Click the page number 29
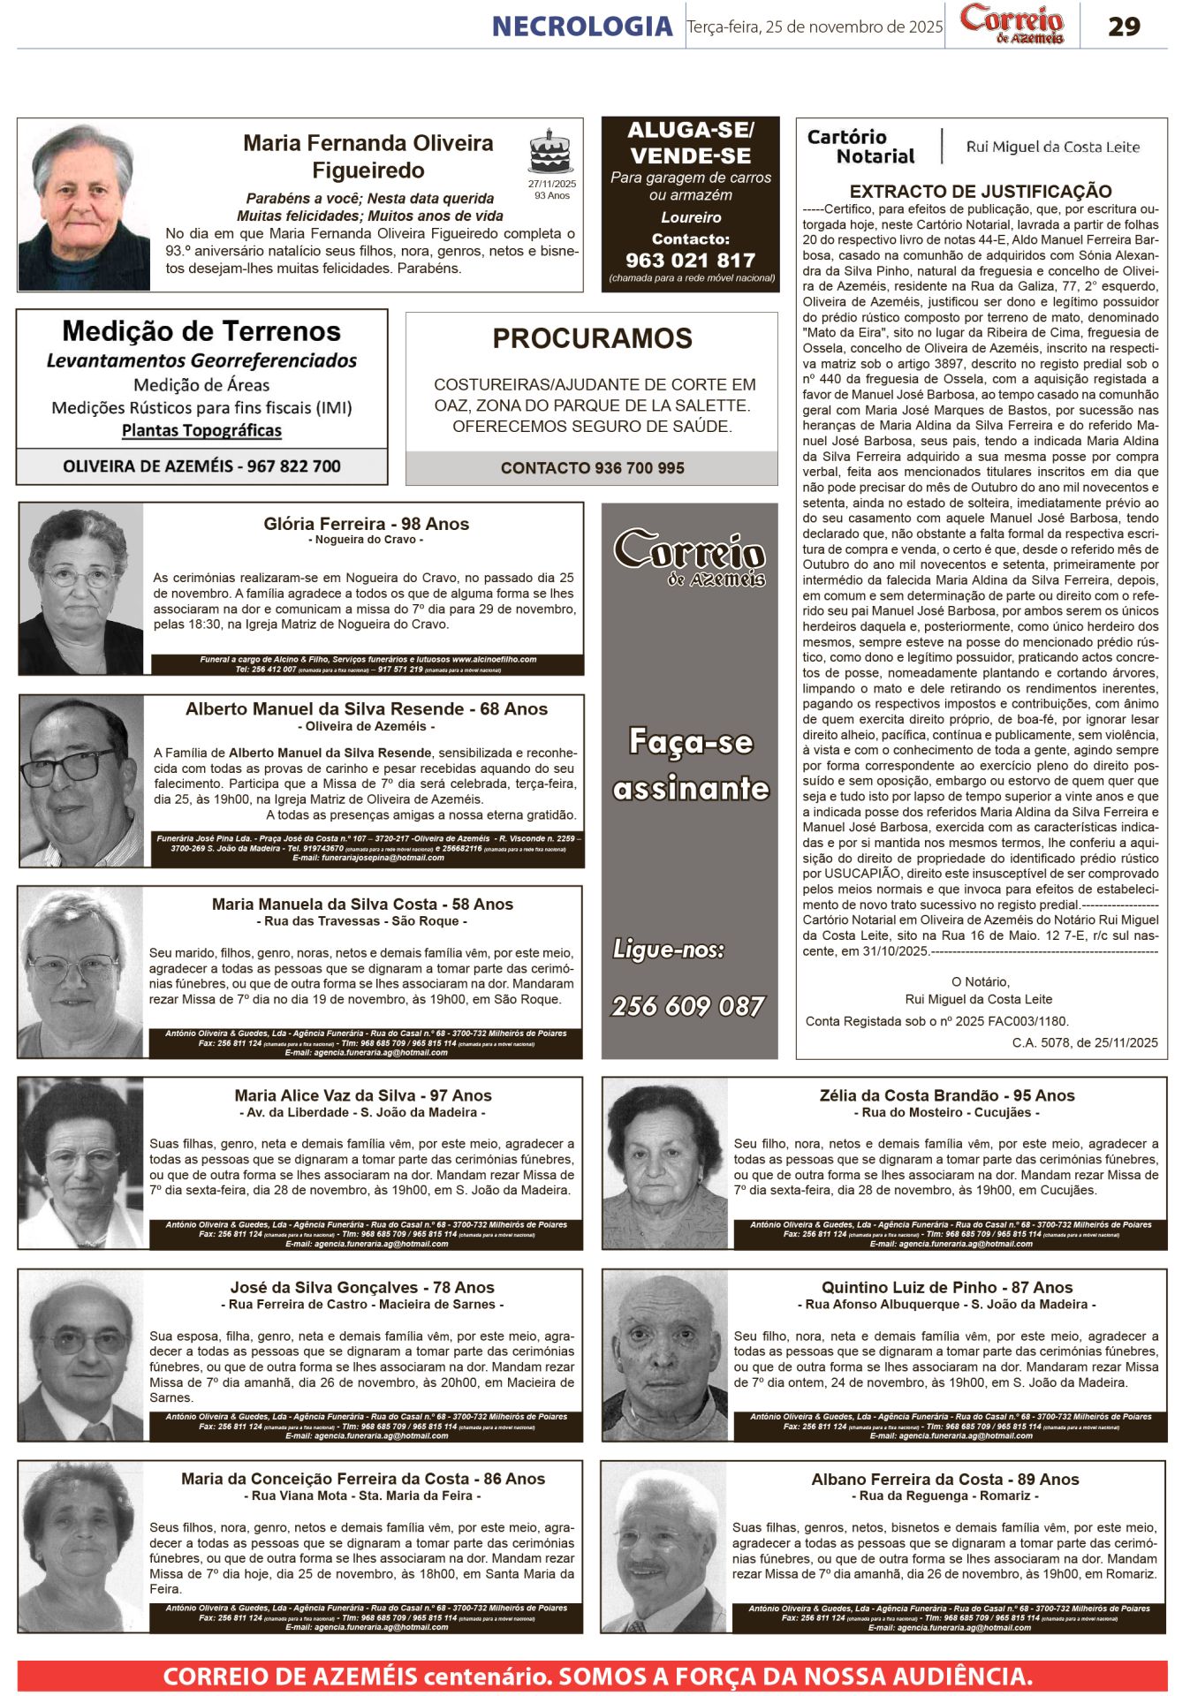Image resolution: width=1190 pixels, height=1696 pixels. coord(1124,26)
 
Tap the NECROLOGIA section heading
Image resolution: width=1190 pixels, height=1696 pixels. coord(582,26)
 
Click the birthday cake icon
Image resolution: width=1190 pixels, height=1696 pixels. coord(550,153)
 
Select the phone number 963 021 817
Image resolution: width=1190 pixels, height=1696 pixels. coord(690,261)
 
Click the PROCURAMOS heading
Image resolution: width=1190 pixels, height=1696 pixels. coord(592,338)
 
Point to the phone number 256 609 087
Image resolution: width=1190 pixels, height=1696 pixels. coord(688,1006)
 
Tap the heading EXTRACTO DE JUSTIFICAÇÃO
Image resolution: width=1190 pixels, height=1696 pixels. coord(981,191)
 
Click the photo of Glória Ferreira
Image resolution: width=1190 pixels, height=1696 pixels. coord(81,588)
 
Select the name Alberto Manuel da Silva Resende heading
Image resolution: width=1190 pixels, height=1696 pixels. coord(366,709)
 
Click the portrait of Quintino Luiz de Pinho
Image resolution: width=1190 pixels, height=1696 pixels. coord(666,1355)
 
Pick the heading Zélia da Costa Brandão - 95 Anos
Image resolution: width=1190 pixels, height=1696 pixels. coord(947,1095)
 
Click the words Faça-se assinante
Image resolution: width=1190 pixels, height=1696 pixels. coord(691,765)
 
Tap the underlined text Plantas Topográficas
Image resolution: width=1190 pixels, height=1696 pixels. coord(201,430)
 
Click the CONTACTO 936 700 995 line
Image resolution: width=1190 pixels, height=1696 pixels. coord(592,468)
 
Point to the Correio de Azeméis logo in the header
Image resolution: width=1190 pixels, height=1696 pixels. coord(1012,25)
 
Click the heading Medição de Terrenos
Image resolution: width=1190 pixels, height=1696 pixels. coord(201,331)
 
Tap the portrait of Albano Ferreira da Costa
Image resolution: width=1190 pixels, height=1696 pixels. coord(664,1547)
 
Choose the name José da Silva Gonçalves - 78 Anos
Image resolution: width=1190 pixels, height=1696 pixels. coord(362,1287)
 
